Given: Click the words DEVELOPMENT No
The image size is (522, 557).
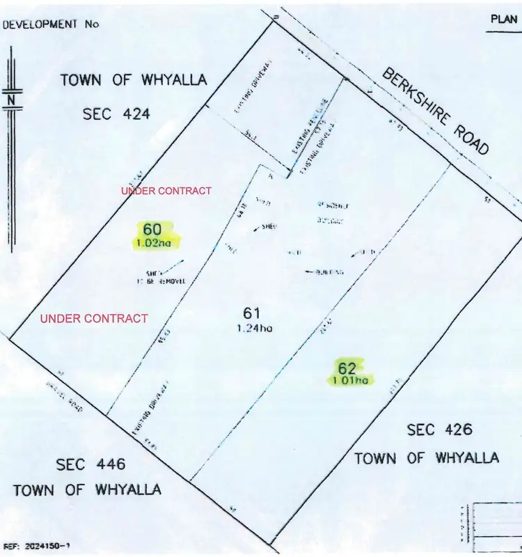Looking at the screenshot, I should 52,23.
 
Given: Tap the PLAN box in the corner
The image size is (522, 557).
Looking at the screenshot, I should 503,19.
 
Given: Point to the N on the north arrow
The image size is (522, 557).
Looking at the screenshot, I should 12,100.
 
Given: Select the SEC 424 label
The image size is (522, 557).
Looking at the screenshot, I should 116,113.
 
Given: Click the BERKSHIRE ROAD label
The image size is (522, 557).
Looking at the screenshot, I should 435,112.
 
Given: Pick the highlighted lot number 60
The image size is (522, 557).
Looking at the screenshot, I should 153,229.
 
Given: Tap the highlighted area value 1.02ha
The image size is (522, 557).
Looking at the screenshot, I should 156,243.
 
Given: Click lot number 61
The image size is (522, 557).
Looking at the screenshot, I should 251,314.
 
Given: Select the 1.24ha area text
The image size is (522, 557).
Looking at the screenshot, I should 253,329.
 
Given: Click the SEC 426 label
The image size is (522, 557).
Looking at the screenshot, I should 439,430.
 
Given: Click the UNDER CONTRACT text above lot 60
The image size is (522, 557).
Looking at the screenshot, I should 166,191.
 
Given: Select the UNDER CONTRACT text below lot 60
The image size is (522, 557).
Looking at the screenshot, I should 94,318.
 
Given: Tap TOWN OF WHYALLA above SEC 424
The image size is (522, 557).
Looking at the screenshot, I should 134,80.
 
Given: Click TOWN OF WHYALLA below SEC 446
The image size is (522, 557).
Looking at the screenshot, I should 87,489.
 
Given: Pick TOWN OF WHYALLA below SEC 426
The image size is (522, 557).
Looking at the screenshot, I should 427,457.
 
